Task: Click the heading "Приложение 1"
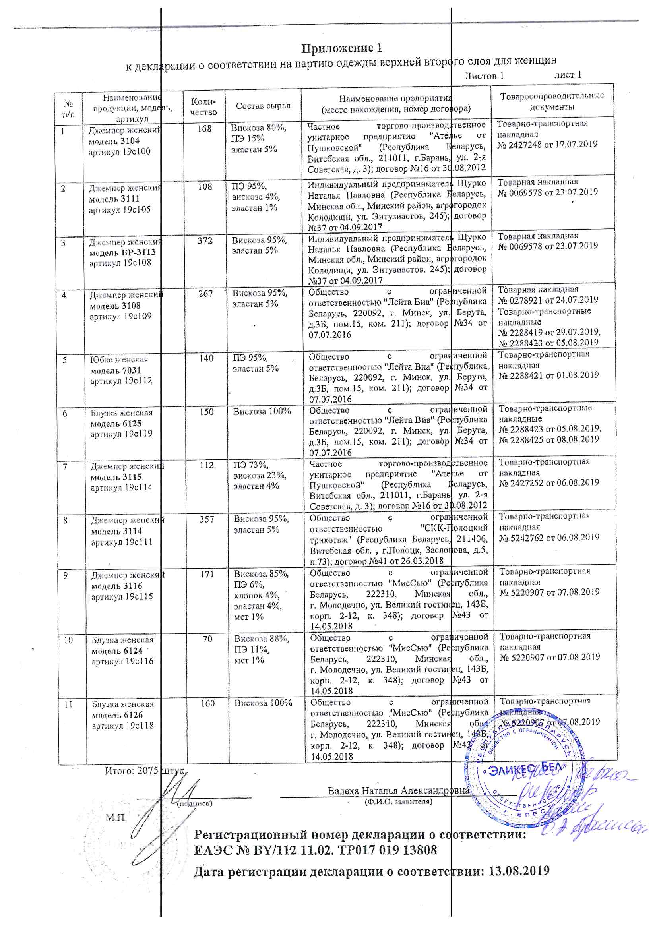pos(341,48)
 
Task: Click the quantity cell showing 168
pos(204,129)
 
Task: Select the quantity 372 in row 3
pos(205,241)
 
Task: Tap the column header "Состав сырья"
pos(263,106)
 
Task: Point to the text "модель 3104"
pos(114,141)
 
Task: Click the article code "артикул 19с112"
pos(121,381)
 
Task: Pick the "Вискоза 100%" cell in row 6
pos(262,412)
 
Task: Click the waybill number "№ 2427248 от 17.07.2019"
pos(547,145)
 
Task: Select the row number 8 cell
pos(65,521)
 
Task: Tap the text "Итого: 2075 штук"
pos(145,771)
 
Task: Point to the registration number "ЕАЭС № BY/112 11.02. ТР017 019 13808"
pos(315,850)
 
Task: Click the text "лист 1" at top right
pos(568,75)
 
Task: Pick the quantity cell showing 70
pos(207,639)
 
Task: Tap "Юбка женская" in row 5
pos(119,360)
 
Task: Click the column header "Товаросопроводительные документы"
pos(552,101)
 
